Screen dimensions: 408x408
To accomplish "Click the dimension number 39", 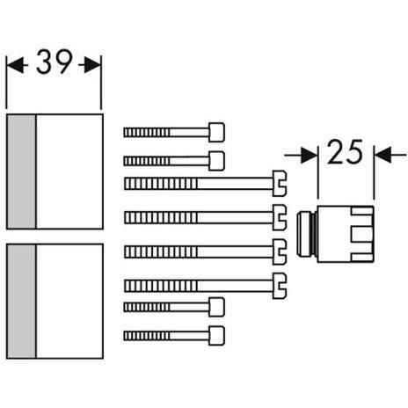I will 54,64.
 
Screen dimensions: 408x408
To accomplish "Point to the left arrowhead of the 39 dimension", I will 12,64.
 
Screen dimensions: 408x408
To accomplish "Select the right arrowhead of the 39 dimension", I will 95,64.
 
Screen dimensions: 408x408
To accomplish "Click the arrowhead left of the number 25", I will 312,155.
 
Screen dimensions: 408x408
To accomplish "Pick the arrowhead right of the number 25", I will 381,155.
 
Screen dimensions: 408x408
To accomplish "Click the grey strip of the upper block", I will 20,171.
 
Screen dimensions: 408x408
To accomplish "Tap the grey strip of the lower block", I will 20,301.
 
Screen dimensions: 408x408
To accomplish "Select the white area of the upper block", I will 69,171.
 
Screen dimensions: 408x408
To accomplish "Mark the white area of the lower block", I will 69,301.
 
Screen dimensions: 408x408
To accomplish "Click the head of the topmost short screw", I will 217,132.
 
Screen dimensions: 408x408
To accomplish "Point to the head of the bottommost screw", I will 216,334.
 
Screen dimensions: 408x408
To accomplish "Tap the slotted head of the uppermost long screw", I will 280,182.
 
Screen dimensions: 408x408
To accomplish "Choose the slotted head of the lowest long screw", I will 280,283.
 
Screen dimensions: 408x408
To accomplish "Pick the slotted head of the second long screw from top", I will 280,215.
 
